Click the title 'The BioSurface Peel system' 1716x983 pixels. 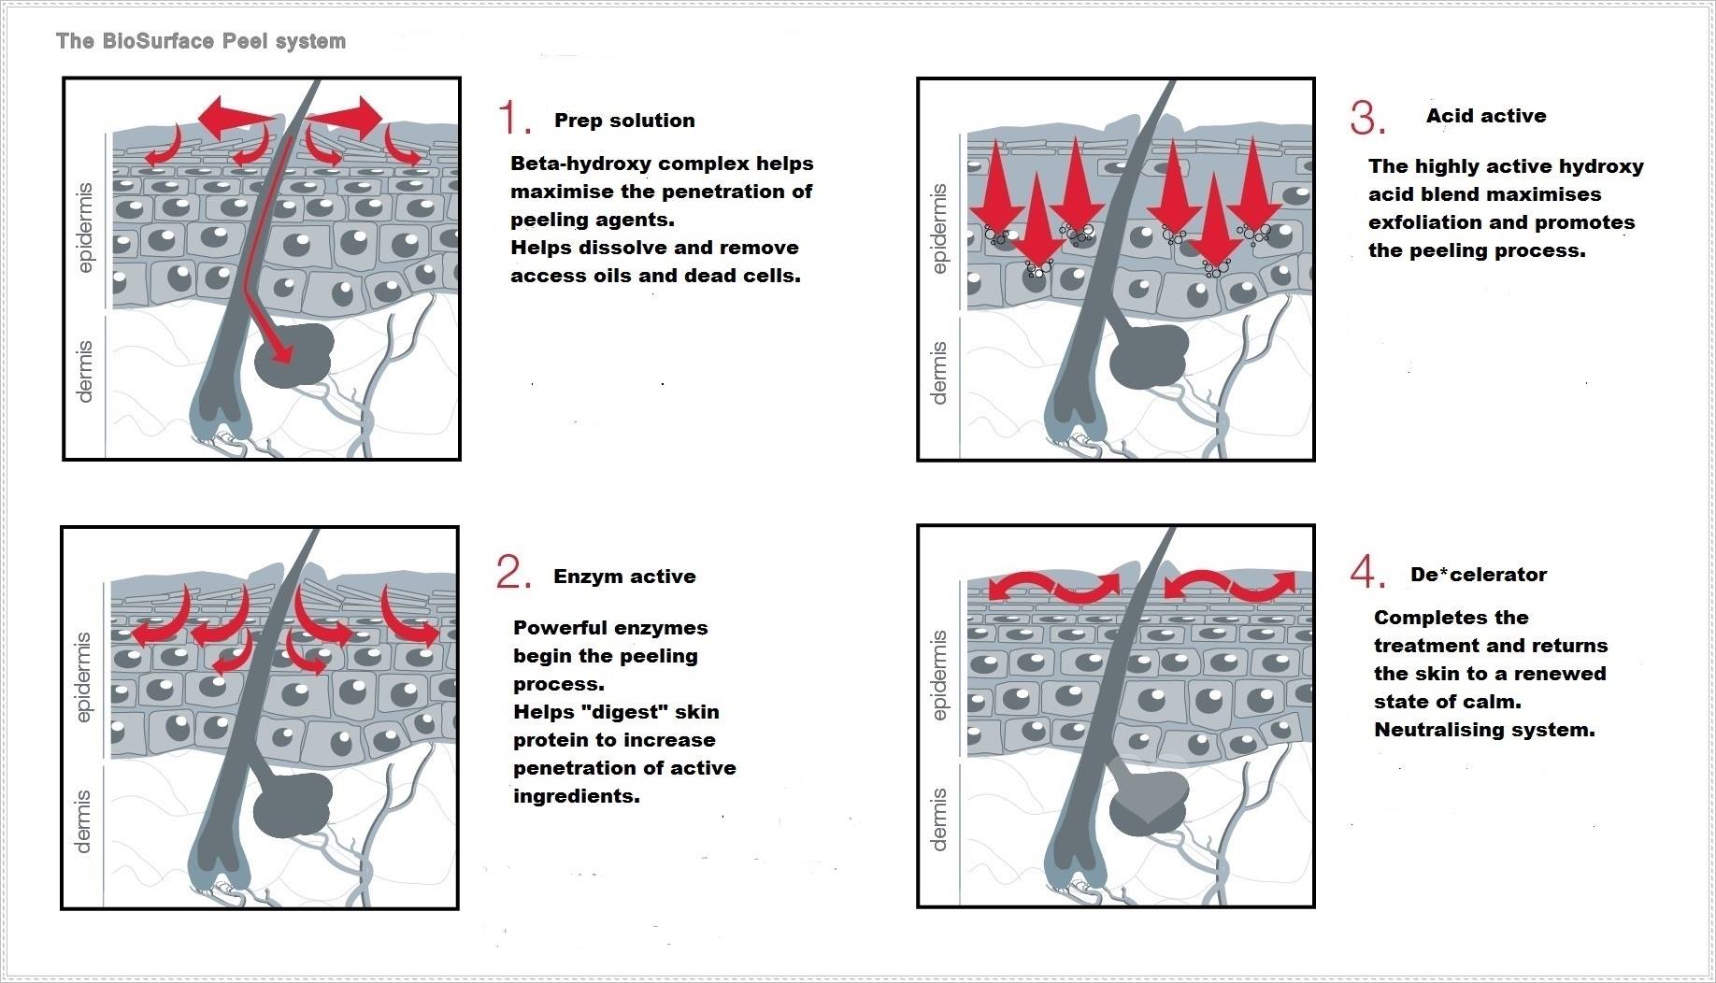201,41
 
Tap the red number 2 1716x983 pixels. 513,572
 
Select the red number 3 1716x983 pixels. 1367,119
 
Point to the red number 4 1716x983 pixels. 1367,572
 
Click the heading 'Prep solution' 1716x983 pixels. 624,121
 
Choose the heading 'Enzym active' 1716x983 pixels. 624,577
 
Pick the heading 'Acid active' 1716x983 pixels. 1486,116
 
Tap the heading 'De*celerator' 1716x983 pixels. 1479,575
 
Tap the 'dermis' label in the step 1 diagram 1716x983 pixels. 85,371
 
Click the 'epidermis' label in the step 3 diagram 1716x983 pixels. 939,229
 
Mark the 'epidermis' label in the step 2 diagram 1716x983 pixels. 84,677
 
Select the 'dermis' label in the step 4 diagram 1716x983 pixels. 939,819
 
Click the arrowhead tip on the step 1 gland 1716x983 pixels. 282,356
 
